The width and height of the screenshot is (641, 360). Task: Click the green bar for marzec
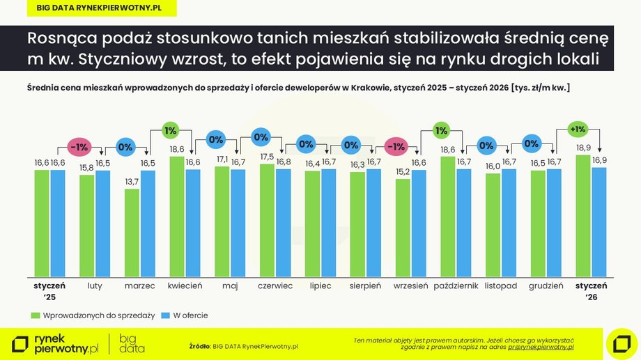point(132,233)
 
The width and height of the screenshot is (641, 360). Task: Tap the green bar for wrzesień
point(403,228)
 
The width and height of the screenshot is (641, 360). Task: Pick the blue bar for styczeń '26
point(598,221)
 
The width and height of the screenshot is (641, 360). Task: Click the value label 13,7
point(132,182)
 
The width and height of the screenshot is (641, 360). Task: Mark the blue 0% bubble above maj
point(215,139)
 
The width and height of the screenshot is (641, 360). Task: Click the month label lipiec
point(320,285)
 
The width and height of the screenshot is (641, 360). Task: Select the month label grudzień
point(546,285)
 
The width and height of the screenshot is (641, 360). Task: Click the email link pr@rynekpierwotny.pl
point(541,347)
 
